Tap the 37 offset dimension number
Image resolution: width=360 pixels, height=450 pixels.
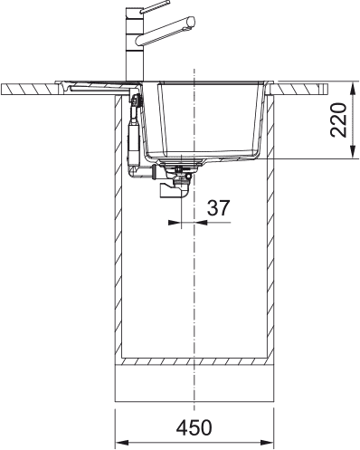coord(217,207)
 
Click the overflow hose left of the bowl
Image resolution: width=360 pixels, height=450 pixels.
coord(133,136)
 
